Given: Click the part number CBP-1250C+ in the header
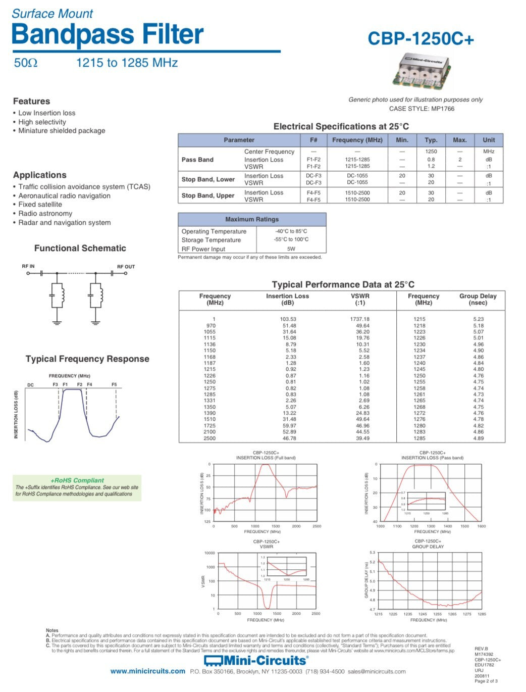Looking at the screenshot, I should pyautogui.click(x=420, y=38).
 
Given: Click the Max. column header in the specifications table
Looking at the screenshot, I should pyautogui.click(x=460, y=140).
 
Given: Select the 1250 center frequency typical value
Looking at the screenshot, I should pyautogui.click(x=431, y=152).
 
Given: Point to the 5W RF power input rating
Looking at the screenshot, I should pyautogui.click(x=291, y=249).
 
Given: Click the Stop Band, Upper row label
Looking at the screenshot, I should pyautogui.click(x=208, y=195).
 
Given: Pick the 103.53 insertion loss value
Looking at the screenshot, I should pyautogui.click(x=288, y=319).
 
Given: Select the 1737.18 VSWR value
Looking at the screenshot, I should pyautogui.click(x=360, y=319).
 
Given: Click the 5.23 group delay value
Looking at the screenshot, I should pyautogui.click(x=478, y=319).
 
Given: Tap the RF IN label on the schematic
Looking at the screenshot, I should pyautogui.click(x=28, y=266).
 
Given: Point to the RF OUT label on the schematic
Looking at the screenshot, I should pyautogui.click(x=126, y=267).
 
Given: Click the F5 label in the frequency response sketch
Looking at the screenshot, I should pyautogui.click(x=114, y=385).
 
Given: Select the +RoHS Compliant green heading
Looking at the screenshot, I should pyautogui.click(x=77, y=480).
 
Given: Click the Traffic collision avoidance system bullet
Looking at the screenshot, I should pyautogui.click(x=84, y=187).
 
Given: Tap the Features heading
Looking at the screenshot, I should pyautogui.click(x=31, y=101).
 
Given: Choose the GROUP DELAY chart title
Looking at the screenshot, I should pyautogui.click(x=428, y=547).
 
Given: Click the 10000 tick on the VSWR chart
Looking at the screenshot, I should pyautogui.click(x=209, y=553).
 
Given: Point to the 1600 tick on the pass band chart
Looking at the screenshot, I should pyautogui.click(x=481, y=526).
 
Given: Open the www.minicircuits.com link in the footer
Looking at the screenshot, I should pyautogui.click(x=148, y=671).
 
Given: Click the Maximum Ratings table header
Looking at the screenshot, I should pyautogui.click(x=252, y=219).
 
